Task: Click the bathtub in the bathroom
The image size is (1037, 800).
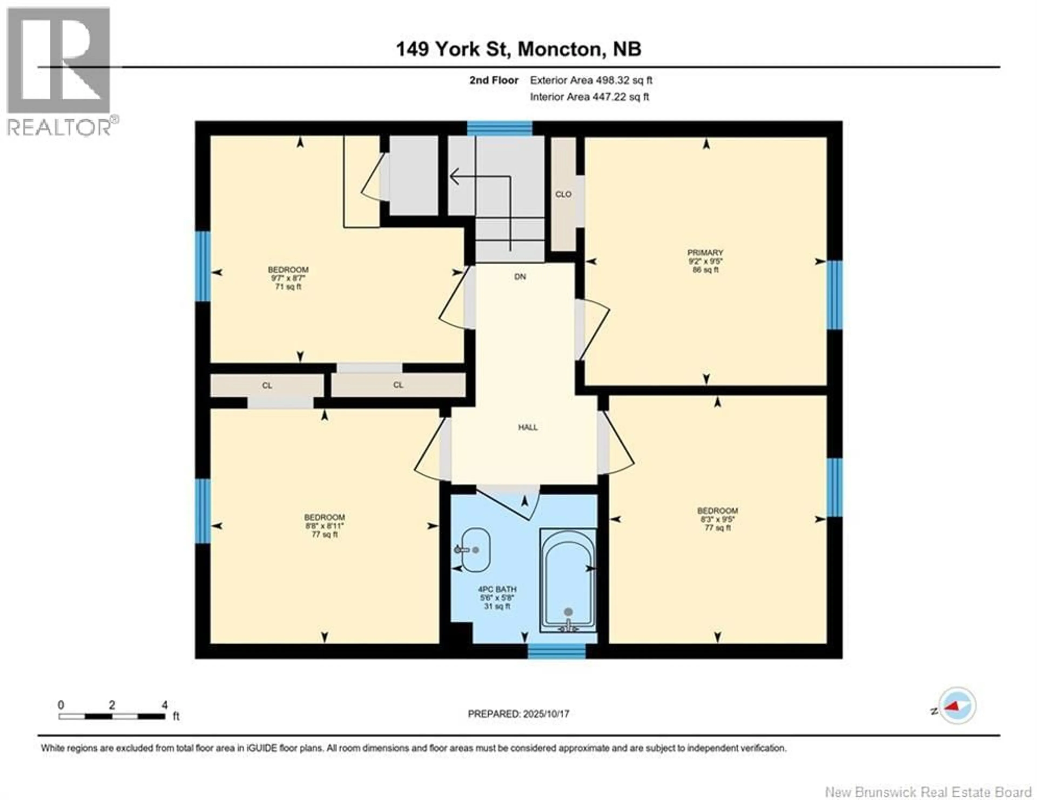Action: click(568, 580)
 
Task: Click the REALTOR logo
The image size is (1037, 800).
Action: click(59, 71)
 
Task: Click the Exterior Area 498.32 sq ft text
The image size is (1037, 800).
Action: click(591, 80)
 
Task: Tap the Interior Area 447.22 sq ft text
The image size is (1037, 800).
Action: click(589, 97)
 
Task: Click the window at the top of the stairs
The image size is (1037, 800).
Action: click(500, 128)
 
